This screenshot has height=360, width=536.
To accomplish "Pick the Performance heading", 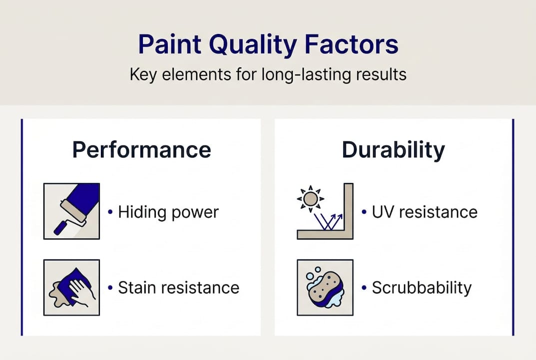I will point(141,150).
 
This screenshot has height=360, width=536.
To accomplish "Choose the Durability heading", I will point(393,150).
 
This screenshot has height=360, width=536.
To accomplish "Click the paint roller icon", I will point(71,210).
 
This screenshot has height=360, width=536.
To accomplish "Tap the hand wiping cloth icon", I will point(71,287).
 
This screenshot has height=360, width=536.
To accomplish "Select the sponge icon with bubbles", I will point(325,287).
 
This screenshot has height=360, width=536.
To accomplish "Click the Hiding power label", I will point(168,212).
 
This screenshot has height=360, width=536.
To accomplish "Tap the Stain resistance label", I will point(178,287).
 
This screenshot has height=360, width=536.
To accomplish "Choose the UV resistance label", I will point(425,212).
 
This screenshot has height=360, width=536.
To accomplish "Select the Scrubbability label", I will point(422,287).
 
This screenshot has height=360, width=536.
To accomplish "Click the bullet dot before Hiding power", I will point(110,212).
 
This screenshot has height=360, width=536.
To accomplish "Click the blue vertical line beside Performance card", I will point(22,227).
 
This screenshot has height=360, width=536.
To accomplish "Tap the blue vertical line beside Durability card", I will point(513,227).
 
